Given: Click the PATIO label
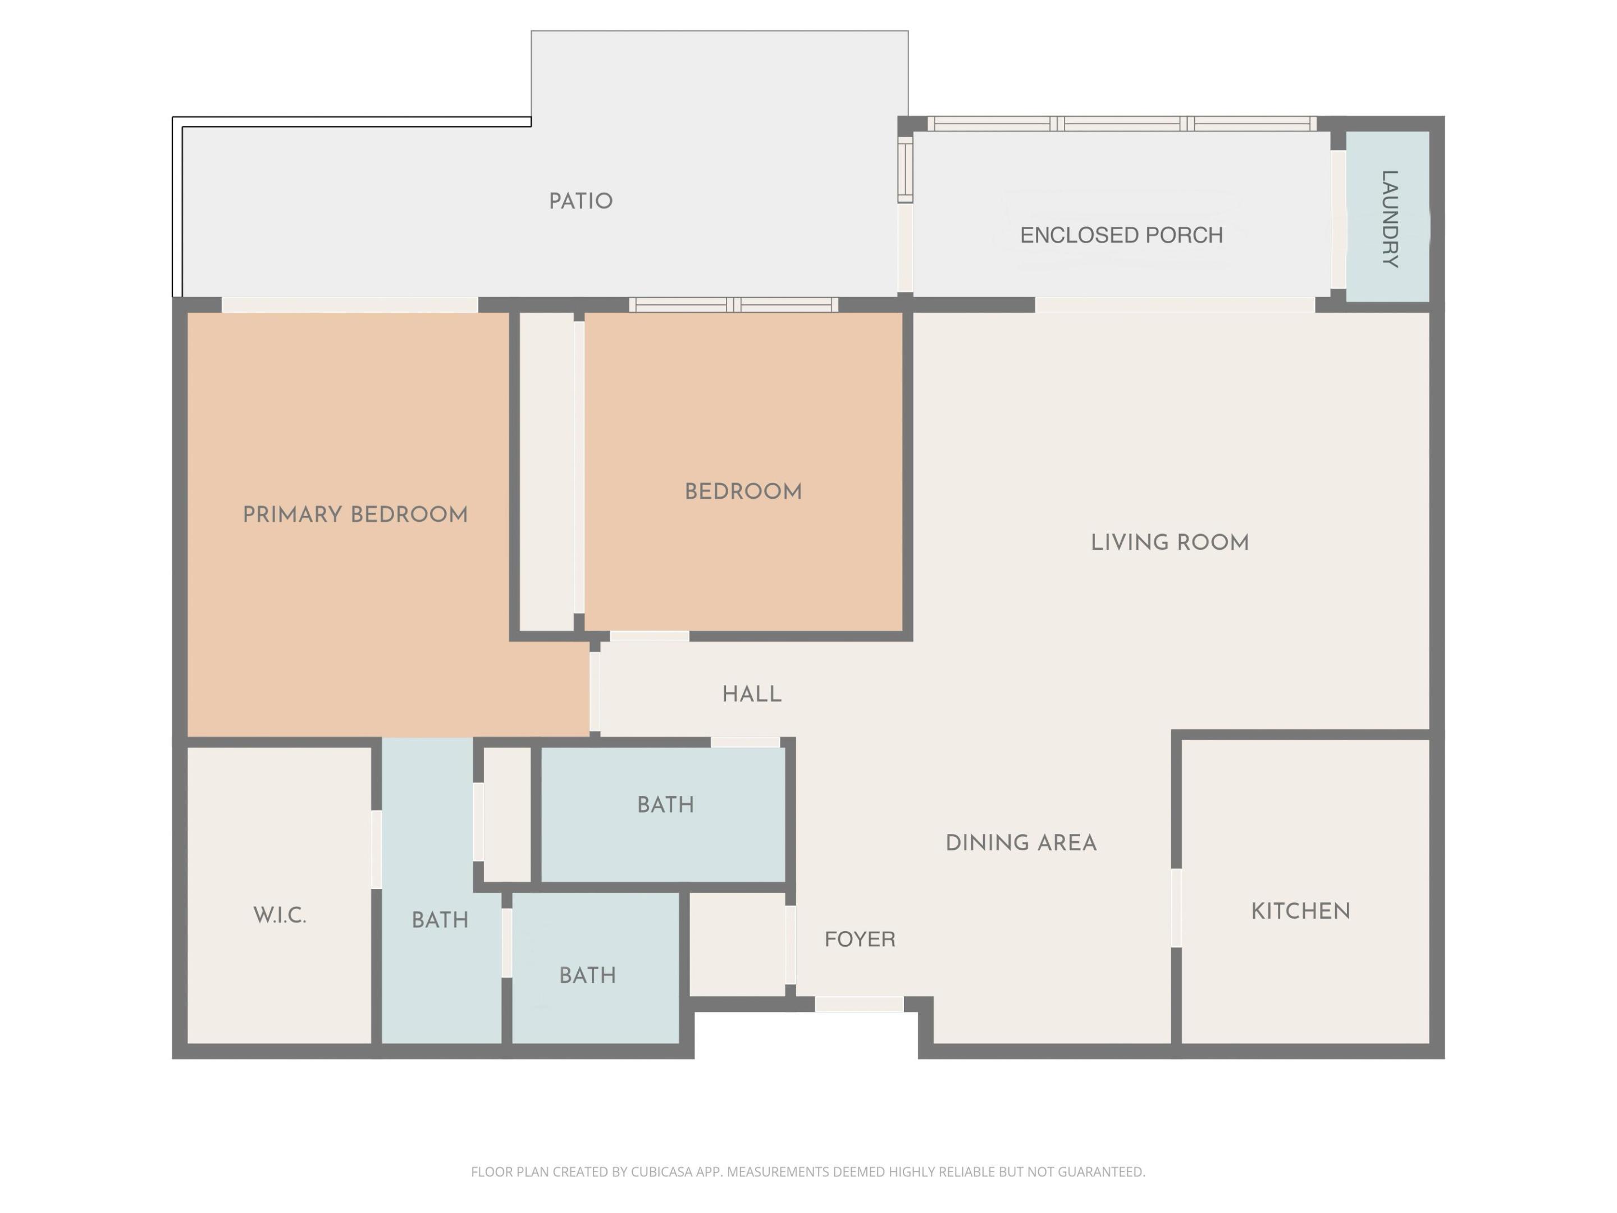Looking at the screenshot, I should click(581, 201).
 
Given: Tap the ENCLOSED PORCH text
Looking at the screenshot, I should click(1121, 235).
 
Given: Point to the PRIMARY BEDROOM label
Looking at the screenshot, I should click(355, 515).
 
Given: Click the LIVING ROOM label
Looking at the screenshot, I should click(1170, 542).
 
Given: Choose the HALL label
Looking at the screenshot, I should click(751, 694).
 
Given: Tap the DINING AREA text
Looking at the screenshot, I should click(1021, 843).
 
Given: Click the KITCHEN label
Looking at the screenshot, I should click(1300, 911).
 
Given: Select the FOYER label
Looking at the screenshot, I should click(860, 939).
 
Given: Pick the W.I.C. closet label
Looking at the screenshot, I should click(279, 915).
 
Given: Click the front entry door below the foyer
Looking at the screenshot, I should click(859, 1005).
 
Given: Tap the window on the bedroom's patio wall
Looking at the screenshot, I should click(733, 305).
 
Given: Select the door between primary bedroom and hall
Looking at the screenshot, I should click(595, 691).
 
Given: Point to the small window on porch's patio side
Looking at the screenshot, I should click(905, 170).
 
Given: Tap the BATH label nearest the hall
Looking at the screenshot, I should click(665, 805).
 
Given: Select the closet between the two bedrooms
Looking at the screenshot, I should click(546, 472).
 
